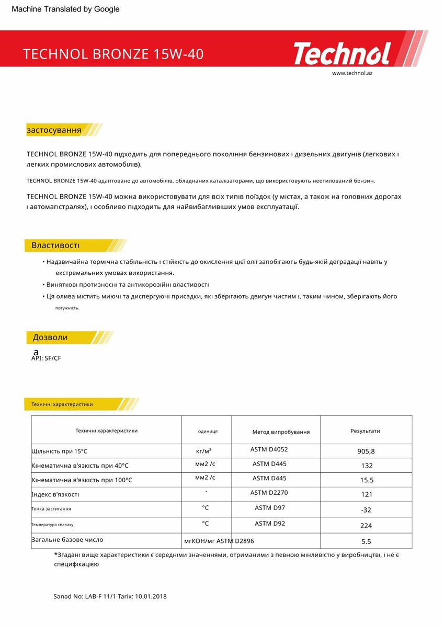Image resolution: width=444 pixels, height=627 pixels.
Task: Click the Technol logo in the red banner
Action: [342, 54]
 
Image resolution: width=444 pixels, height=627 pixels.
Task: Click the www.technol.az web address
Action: [352, 73]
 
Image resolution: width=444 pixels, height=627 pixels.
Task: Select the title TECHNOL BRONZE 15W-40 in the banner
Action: [113, 54]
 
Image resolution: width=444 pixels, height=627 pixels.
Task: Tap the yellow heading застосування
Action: [54, 130]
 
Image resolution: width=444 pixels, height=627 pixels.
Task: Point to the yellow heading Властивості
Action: [55, 246]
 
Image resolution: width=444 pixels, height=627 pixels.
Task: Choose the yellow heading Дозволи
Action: [50, 338]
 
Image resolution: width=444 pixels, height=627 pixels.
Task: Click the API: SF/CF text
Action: [46, 358]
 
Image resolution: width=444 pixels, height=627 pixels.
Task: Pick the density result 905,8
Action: [366, 451]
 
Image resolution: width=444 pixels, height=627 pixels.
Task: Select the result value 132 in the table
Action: [366, 466]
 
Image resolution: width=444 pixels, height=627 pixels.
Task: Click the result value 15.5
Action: [366, 480]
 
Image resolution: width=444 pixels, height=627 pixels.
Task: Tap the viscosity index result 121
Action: [366, 494]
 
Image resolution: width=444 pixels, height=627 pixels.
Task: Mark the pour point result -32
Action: [366, 510]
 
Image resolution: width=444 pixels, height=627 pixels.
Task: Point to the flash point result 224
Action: [366, 526]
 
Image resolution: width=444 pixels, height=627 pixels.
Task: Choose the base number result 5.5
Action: [366, 542]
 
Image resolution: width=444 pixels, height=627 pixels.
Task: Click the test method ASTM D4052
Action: [269, 449]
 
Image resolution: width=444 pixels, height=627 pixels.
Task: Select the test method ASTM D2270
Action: [269, 493]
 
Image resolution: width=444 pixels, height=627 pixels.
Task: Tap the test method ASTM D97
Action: [270, 508]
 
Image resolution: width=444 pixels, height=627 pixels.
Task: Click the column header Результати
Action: [365, 431]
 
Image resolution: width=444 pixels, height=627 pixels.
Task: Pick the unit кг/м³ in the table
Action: [204, 450]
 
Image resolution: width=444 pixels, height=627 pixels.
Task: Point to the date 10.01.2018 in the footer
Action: [151, 596]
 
